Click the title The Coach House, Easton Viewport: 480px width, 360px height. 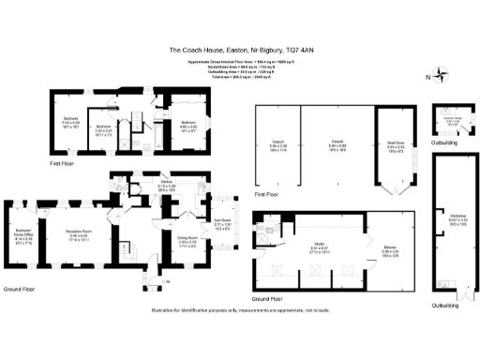pyautogui.click(x=239, y=50)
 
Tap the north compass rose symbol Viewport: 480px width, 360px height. pyautogui.click(x=442, y=76)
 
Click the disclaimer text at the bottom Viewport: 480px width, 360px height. pyautogui.click(x=239, y=321)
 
